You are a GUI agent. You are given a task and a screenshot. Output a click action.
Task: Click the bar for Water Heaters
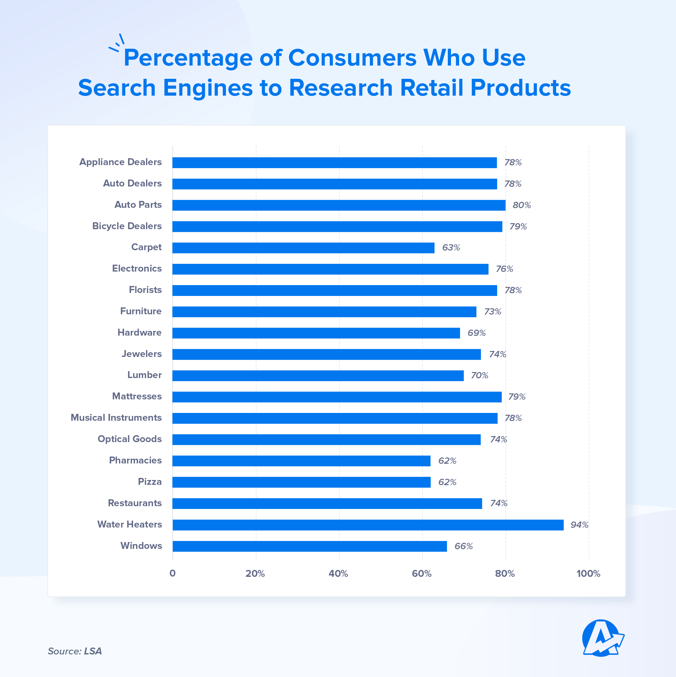click(x=367, y=525)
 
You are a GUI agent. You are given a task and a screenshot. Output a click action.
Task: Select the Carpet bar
click(x=303, y=248)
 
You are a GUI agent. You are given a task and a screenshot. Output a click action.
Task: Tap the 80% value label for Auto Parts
click(x=521, y=205)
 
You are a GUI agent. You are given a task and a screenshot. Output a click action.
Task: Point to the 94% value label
click(x=579, y=525)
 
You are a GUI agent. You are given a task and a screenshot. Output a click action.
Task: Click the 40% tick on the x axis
click(x=338, y=574)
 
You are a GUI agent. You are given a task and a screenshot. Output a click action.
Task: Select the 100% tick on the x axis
click(x=588, y=574)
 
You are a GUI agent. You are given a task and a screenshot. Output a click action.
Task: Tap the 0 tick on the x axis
click(x=172, y=574)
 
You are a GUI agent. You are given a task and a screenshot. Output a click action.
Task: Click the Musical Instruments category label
click(x=116, y=418)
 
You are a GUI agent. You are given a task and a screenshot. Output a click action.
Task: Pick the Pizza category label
click(x=150, y=482)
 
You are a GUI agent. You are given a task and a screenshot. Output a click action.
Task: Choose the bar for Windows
click(x=309, y=546)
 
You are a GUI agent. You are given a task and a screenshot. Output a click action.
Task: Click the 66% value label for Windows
click(x=463, y=546)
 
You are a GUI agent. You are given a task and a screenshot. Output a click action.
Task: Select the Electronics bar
click(x=330, y=269)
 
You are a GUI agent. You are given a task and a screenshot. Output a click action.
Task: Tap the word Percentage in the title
click(x=188, y=58)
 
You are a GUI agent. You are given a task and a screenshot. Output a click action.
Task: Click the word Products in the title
click(x=521, y=88)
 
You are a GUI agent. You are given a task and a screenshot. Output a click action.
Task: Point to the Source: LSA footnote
click(x=75, y=651)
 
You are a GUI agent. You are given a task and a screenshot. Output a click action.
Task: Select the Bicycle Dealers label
click(x=127, y=226)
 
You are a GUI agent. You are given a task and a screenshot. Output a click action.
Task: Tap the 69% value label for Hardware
click(x=477, y=333)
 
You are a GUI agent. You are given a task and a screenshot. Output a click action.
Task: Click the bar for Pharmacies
click(x=301, y=461)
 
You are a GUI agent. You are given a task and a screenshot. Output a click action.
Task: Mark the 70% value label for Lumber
click(x=479, y=375)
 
